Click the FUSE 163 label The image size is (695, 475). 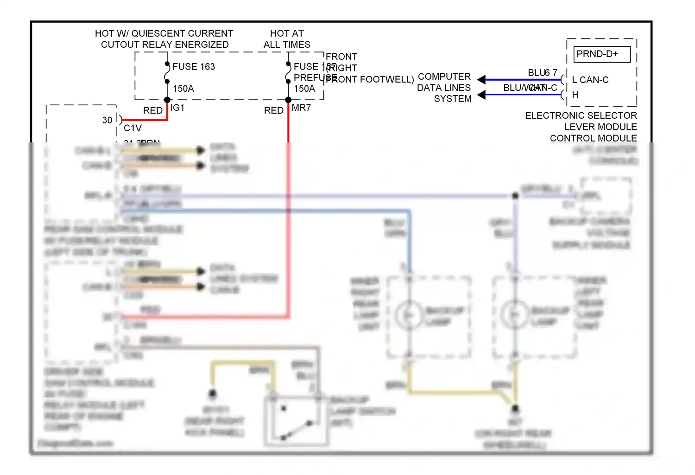(x=193, y=66)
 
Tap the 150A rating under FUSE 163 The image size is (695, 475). (x=183, y=89)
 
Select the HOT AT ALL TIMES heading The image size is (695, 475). (x=287, y=39)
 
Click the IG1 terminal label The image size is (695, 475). (x=177, y=108)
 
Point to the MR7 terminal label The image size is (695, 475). (x=301, y=108)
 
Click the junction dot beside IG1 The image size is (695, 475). (x=167, y=100)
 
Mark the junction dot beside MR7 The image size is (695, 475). (x=288, y=100)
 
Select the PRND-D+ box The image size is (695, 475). (x=602, y=54)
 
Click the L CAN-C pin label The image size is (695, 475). (x=590, y=80)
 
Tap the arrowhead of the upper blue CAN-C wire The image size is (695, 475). (x=482, y=80)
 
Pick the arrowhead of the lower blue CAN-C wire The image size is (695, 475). (x=482, y=95)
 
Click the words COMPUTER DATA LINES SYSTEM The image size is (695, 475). (x=444, y=88)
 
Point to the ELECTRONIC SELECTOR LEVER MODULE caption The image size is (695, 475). (x=581, y=127)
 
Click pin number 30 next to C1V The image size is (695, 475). (x=107, y=120)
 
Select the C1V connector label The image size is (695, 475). (x=133, y=128)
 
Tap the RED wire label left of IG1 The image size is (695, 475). (x=152, y=110)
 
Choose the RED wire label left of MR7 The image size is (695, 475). (x=273, y=110)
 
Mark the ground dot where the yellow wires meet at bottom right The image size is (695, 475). (x=515, y=409)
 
